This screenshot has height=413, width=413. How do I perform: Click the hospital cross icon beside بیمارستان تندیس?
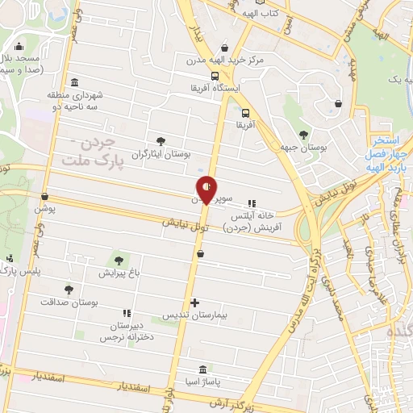coord(194,303)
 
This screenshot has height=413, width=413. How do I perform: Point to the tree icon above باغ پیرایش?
coord(119,261)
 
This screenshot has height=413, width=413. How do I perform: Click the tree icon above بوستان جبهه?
coord(303,135)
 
